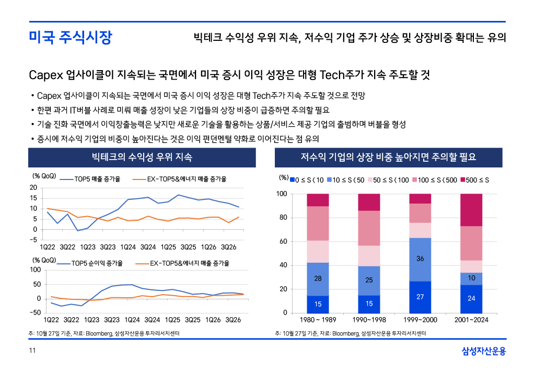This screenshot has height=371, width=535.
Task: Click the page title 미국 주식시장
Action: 70,38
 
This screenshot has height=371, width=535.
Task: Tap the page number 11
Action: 32,351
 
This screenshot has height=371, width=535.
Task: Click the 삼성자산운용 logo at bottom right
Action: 484,351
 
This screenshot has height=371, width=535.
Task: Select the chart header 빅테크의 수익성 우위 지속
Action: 142,158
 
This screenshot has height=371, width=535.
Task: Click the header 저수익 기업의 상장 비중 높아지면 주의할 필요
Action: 388,158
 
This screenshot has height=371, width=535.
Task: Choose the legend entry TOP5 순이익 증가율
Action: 97,263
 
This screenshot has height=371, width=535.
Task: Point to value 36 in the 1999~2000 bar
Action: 420,258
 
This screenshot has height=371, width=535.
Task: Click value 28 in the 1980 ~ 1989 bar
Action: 318,278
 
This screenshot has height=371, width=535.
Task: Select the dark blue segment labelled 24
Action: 471,298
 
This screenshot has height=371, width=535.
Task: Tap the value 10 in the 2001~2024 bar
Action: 471,278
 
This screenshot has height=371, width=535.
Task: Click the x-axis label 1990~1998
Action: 369,319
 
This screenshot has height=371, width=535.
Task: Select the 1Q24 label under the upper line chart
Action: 129,246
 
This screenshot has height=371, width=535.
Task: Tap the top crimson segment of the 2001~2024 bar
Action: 471,210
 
